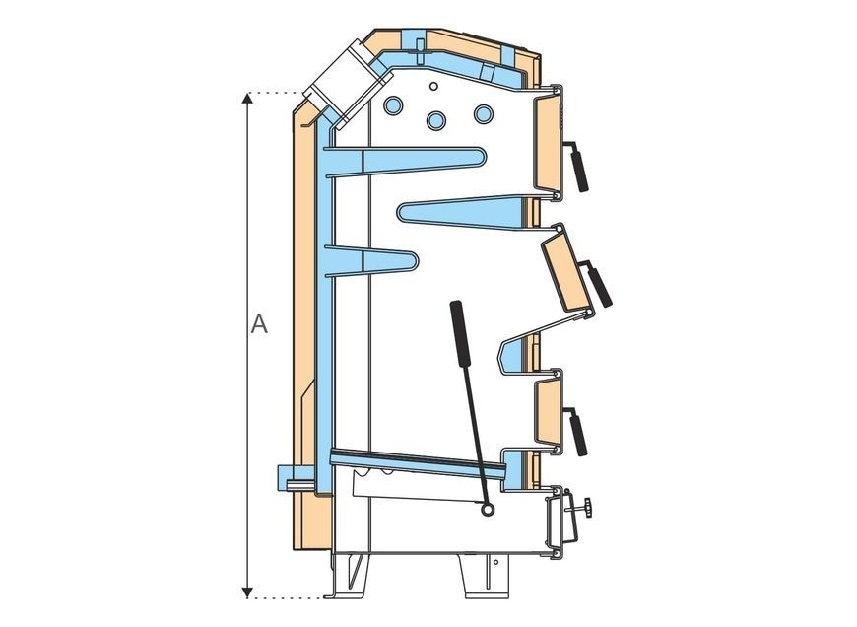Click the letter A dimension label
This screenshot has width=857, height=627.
[x=259, y=324]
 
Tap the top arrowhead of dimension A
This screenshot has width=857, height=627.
[x=247, y=98]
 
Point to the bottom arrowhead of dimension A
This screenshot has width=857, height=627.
[x=247, y=592]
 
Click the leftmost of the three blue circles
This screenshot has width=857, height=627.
[x=393, y=105]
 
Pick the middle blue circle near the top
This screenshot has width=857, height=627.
[x=435, y=120]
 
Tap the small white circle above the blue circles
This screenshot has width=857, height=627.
[x=433, y=86]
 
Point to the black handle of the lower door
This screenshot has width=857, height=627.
[x=579, y=435]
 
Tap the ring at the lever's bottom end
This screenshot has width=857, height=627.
[x=486, y=510]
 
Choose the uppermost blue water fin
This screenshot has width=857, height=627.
[x=405, y=162]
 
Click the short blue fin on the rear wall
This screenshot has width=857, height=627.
[x=371, y=261]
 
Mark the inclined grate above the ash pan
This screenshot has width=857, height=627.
[x=419, y=463]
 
